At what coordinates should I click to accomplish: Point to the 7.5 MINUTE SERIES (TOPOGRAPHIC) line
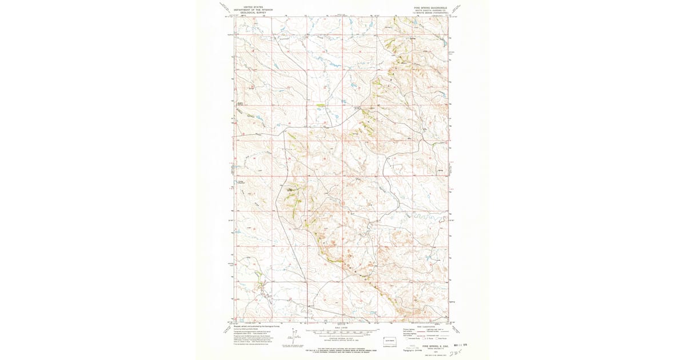coord(426,13)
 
